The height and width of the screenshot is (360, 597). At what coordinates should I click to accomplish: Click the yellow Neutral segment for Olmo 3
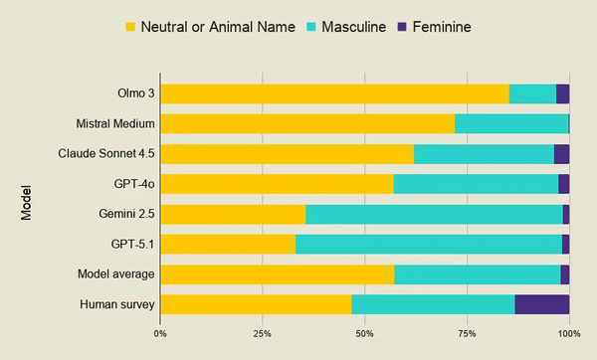(334, 94)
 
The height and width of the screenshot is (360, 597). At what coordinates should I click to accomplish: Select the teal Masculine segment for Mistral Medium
(511, 123)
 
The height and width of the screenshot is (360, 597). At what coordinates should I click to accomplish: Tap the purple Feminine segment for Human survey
(542, 304)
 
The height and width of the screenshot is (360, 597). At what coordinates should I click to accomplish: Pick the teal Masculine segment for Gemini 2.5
(434, 214)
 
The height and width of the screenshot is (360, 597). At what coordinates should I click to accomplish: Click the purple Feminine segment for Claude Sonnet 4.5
(561, 154)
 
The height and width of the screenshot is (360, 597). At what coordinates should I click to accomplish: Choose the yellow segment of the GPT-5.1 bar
(228, 245)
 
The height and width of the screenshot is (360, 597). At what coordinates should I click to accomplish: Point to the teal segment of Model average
(478, 274)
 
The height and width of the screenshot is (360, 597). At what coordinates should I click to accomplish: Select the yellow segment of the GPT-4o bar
(278, 184)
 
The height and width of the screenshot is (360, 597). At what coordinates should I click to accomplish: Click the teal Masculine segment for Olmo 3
(532, 94)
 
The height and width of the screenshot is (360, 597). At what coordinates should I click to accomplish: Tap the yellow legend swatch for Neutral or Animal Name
(130, 27)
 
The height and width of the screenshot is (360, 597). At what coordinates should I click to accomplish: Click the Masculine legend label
(353, 27)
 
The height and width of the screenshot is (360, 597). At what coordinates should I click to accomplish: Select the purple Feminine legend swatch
(402, 27)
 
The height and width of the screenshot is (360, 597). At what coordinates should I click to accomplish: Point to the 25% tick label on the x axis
(263, 334)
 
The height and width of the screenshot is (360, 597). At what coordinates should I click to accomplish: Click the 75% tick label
(468, 334)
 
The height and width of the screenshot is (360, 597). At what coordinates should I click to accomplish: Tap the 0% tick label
(160, 334)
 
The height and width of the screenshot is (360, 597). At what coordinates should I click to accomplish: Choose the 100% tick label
(569, 334)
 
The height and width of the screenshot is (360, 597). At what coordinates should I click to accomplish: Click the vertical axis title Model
(26, 203)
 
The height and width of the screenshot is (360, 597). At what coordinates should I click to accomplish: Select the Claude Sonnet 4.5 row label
(106, 154)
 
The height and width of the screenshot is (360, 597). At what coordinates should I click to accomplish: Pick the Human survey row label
(117, 304)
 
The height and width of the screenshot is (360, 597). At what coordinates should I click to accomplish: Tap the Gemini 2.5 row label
(126, 214)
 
